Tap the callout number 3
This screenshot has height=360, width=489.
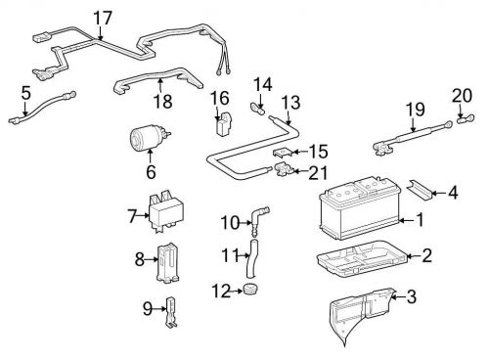[412, 297]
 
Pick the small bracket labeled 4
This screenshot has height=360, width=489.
[420, 190]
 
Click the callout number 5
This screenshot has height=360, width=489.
[26, 93]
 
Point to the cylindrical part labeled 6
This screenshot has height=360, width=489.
[149, 138]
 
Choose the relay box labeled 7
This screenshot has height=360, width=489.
[166, 211]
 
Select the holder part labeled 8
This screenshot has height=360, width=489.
[168, 262]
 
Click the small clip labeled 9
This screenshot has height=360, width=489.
[171, 312]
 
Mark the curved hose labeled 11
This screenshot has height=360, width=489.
[252, 257]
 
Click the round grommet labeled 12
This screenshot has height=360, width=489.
[250, 289]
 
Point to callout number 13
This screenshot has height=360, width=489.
[290, 103]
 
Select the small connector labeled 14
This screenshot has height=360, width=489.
[257, 109]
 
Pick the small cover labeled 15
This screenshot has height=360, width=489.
[282, 153]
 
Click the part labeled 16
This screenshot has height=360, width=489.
[224, 123]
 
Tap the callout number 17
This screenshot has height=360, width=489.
[103, 18]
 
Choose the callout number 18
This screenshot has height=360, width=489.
[162, 101]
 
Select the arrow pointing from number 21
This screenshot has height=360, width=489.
[299, 170]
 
